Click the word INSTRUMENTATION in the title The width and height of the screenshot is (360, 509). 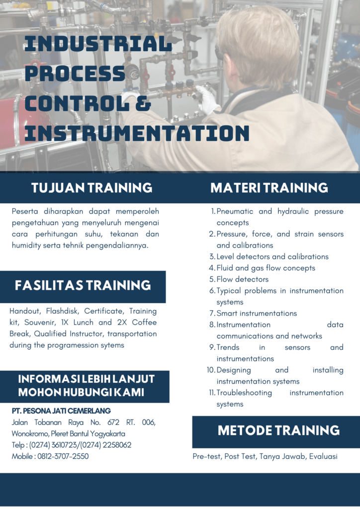pos(137,133)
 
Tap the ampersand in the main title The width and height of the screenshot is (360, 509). pos(143,103)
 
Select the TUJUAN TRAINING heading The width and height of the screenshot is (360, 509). pos(92,187)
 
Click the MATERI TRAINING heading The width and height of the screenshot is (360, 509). pos(269,187)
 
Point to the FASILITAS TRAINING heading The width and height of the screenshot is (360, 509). pos(83,285)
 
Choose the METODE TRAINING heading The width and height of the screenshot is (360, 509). pos(278,430)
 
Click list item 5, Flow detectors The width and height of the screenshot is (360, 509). pos(243,279)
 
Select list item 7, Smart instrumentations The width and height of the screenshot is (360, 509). pos(257,313)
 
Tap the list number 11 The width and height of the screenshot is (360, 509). pos(212,393)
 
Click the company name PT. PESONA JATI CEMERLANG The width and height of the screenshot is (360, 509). pos(61,411)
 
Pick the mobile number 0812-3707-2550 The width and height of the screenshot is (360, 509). pos(63,456)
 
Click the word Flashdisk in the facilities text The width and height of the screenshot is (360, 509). pos(62,311)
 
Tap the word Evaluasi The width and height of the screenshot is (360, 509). pos(323,456)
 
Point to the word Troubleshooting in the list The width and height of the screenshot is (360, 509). pos(244,393)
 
